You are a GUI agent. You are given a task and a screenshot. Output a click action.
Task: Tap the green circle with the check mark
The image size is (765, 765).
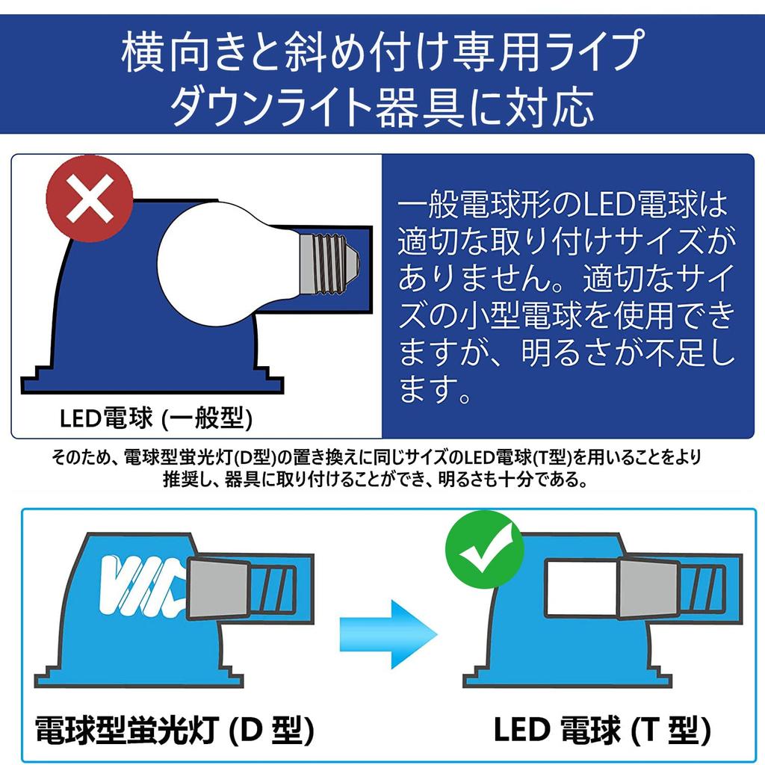coord(485,549)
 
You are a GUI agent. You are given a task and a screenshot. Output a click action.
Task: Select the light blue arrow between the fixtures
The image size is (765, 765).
coord(388,635)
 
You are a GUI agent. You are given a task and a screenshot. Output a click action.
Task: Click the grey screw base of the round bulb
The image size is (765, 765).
coord(329,264)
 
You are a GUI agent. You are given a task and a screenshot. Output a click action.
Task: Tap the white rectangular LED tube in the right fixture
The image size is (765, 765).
coord(581,588)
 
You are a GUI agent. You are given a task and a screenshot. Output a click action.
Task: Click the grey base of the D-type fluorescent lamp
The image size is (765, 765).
coord(219,589)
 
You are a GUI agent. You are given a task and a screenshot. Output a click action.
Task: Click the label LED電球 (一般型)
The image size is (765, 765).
coord(156,418)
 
